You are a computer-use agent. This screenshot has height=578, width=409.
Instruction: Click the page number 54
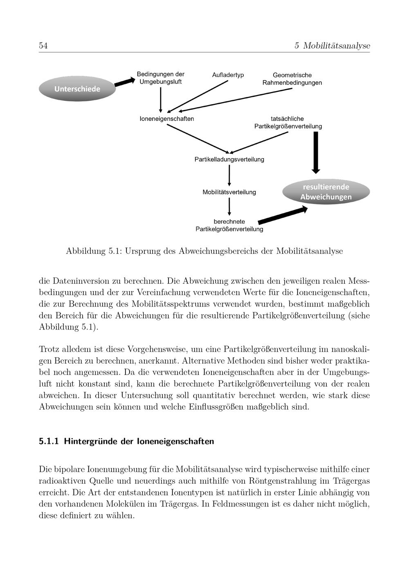[x=43, y=46]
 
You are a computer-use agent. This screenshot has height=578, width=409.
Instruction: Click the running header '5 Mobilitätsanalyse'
[x=332, y=46]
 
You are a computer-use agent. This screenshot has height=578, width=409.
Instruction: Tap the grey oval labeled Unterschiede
[x=77, y=89]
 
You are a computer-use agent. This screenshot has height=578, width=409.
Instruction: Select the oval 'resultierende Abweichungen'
[x=326, y=192]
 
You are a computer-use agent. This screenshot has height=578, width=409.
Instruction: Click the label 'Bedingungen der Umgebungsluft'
[x=160, y=78]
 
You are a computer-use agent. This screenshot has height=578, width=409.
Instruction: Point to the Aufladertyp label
[x=228, y=75]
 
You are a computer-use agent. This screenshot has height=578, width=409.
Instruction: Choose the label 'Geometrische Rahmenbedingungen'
[x=292, y=79]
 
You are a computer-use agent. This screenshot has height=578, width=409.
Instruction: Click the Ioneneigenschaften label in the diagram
[x=167, y=119]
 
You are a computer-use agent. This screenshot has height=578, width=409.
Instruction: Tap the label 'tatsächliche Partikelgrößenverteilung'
[x=288, y=122]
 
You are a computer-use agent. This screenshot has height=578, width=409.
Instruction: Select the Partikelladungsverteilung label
[x=229, y=159]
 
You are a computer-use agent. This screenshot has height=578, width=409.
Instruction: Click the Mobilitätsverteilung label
[x=229, y=192]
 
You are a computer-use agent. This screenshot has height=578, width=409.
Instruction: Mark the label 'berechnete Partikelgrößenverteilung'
[x=229, y=225]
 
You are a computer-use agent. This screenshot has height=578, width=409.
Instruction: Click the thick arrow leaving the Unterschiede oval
[x=124, y=82]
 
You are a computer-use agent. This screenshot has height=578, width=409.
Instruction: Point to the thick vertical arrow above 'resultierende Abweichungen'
[x=316, y=152]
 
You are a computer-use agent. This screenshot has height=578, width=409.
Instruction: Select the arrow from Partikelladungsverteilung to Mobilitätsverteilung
[x=229, y=175]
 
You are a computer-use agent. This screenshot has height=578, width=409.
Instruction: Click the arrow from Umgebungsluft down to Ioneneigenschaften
[x=160, y=99]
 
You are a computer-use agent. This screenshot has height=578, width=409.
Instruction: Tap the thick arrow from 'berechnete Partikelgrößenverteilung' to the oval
[x=282, y=215]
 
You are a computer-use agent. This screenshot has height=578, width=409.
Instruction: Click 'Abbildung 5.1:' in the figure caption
[x=94, y=251]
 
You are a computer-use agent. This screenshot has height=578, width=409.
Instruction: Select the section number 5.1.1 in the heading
[x=49, y=441]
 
